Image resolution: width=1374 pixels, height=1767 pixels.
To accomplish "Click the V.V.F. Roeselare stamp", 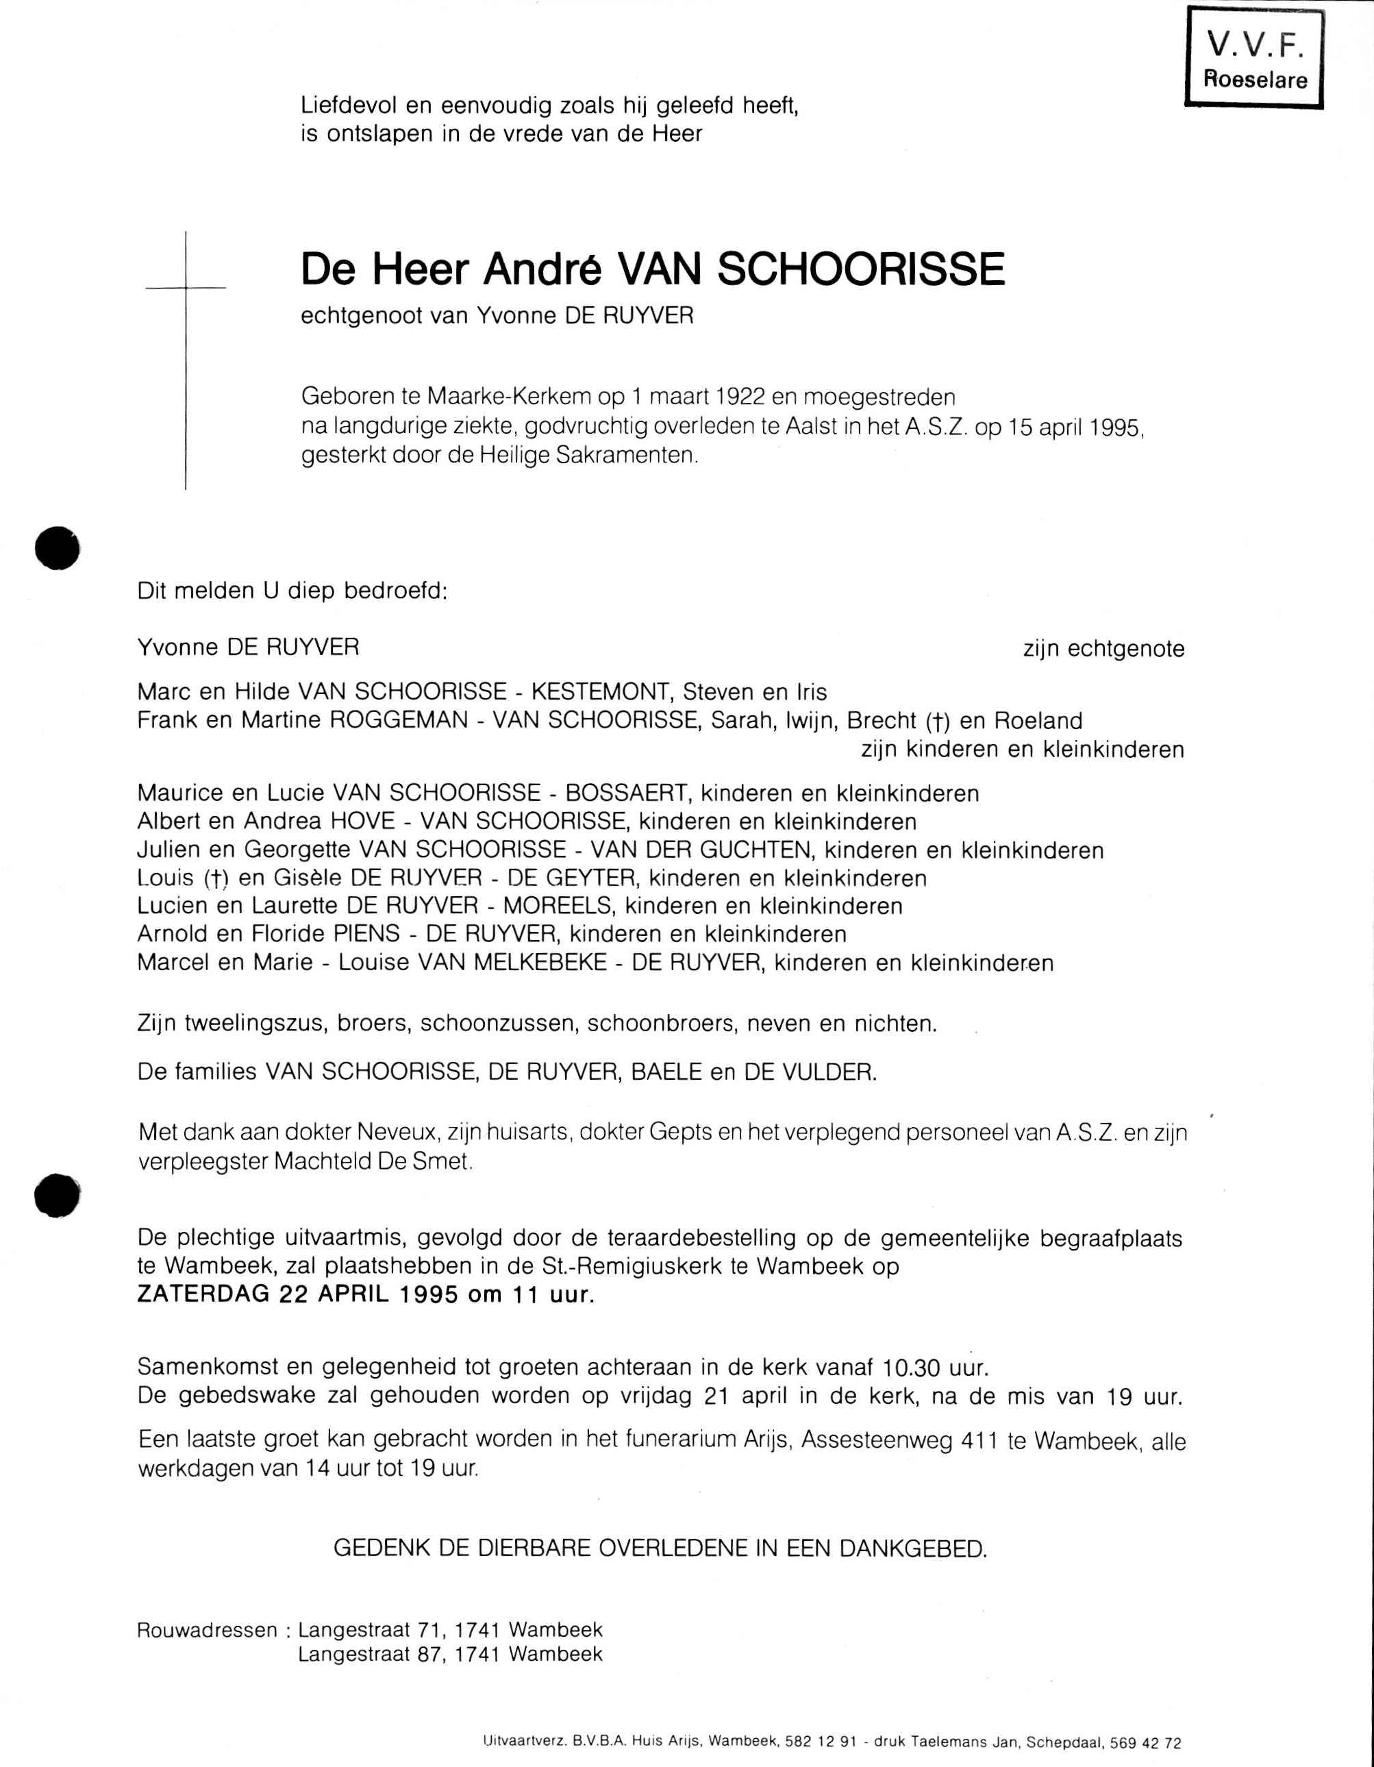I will pyautogui.click(x=1253, y=58).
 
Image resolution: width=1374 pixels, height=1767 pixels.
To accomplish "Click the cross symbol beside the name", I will pyautogui.click(x=186, y=287).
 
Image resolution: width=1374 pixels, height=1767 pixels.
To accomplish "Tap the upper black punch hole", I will pyautogui.click(x=58, y=547).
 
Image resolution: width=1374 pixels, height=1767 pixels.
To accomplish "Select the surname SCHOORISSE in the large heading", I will pyautogui.click(x=860, y=269).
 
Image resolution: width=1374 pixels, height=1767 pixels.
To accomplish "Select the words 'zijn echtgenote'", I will pyautogui.click(x=1103, y=649).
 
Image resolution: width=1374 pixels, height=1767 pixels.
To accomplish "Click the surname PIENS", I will pyautogui.click(x=366, y=934).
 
